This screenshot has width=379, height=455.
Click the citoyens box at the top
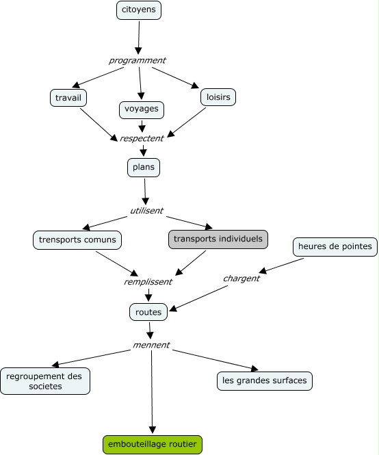click(x=139, y=10)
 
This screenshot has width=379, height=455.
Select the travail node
click(x=68, y=98)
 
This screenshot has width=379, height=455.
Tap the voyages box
click(x=142, y=109)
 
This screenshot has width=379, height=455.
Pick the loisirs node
click(x=218, y=97)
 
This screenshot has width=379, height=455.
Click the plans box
click(x=144, y=168)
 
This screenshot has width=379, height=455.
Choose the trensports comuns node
click(x=77, y=240)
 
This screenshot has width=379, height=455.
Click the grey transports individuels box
click(x=218, y=239)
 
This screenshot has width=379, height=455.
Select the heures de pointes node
click(x=335, y=246)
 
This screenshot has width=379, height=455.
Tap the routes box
click(x=148, y=312)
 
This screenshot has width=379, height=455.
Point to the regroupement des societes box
click(x=45, y=381)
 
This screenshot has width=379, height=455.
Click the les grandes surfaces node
click(x=265, y=380)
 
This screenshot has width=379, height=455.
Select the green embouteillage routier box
click(x=153, y=445)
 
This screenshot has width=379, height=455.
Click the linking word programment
click(x=138, y=61)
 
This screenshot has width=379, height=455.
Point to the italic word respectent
click(x=142, y=138)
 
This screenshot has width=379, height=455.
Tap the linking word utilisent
click(x=146, y=211)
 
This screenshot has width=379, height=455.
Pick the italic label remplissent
click(x=148, y=282)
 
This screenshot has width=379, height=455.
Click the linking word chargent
click(x=241, y=278)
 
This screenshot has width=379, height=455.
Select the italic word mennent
click(x=151, y=345)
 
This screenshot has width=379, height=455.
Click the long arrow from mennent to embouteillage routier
click(x=152, y=392)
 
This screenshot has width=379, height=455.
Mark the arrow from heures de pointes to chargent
click(x=281, y=265)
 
